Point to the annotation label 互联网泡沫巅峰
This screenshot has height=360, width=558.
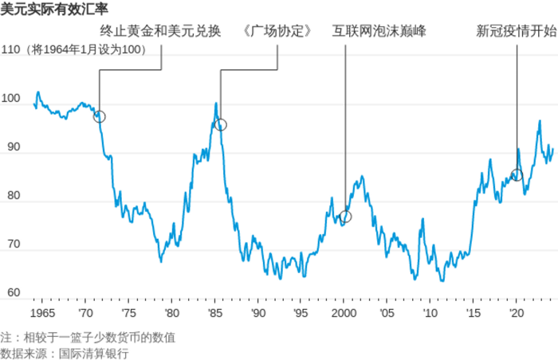pos(379,33)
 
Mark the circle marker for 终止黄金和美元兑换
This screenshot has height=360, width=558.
pos(99,116)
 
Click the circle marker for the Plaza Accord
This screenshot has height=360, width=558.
pos(221,124)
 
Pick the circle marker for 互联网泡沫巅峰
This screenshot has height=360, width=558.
pos(345,217)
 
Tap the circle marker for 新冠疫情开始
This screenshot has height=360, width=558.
pos(517,174)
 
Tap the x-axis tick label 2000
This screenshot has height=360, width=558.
pos(344,313)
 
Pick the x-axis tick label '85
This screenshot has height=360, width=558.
pos(214,313)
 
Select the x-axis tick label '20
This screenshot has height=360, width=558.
pos(515,313)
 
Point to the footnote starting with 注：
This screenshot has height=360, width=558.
pos(88,337)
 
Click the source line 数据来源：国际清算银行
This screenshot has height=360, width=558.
pos(64,353)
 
